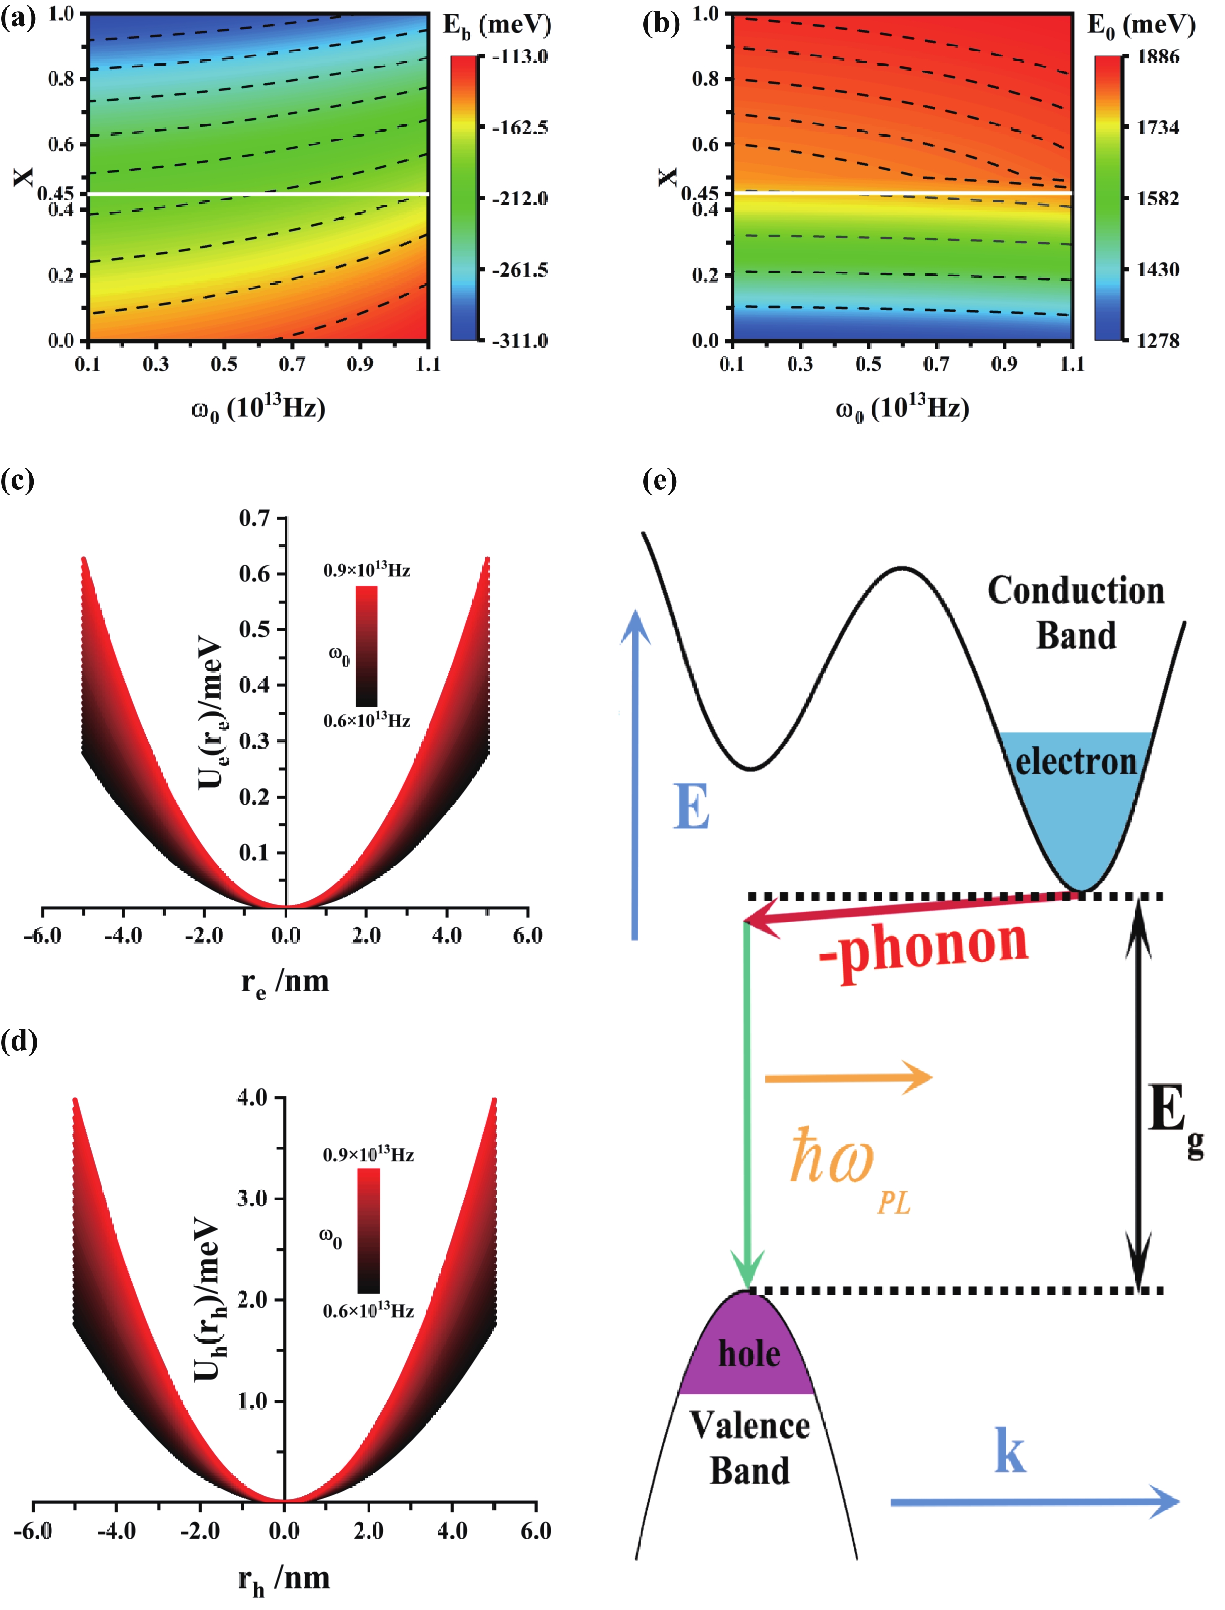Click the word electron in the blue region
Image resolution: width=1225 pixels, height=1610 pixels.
tap(1076, 762)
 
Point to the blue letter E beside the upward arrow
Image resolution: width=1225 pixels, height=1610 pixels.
tap(691, 807)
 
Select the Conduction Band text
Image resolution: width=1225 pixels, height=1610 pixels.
tap(1076, 612)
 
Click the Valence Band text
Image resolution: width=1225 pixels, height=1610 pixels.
tap(750, 1447)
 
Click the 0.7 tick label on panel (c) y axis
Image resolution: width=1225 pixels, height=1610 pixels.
tap(254, 518)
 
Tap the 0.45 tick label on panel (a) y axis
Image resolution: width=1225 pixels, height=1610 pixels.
tap(56, 193)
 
